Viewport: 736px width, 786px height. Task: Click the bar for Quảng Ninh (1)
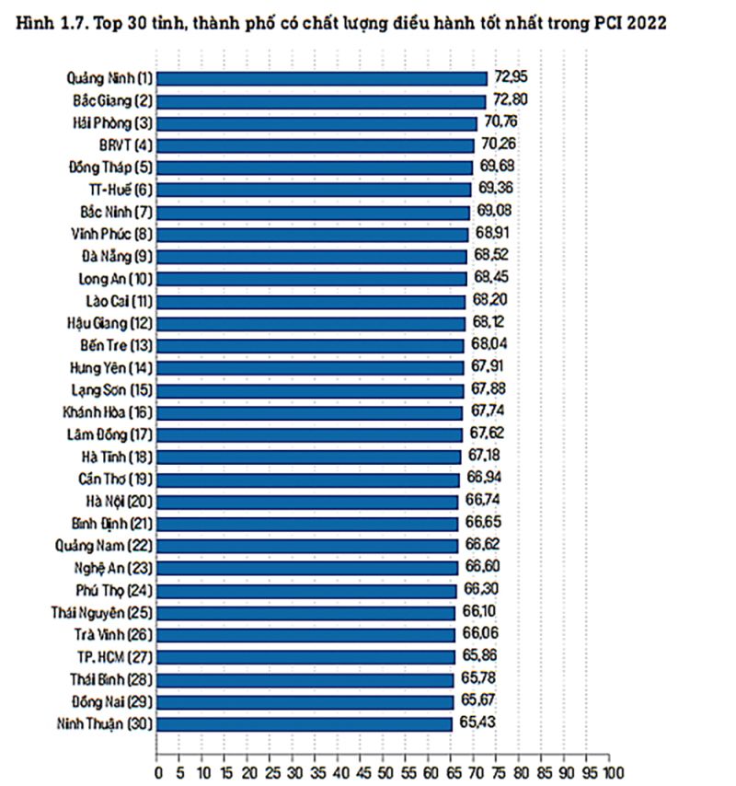(322, 78)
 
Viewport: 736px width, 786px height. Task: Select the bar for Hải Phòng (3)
(317, 122)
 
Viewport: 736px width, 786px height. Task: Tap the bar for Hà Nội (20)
(308, 501)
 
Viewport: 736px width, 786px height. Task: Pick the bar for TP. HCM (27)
(306, 656)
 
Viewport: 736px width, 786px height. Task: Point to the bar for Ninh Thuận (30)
(305, 723)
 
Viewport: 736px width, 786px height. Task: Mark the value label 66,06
(477, 634)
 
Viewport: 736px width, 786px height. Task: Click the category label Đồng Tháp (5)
(110, 167)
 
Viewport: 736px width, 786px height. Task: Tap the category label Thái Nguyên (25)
(102, 612)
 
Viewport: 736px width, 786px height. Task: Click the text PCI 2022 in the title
(629, 23)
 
